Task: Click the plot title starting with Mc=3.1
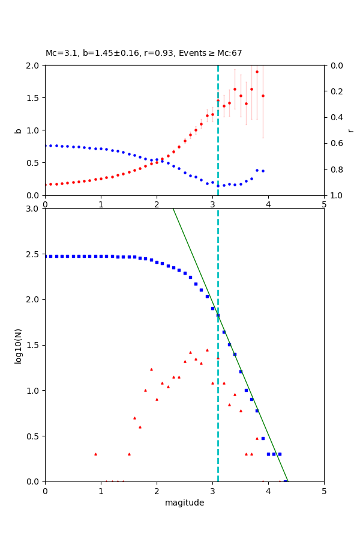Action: (144, 53)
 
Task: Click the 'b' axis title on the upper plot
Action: (18, 130)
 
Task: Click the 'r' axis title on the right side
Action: (350, 130)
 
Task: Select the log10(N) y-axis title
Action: (18, 345)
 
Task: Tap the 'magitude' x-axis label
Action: (184, 503)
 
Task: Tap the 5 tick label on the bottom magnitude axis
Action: (324, 491)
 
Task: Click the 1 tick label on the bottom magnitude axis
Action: (101, 491)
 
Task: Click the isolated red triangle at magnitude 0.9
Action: (95, 454)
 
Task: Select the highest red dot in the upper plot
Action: (257, 72)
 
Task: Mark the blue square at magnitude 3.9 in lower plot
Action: (263, 438)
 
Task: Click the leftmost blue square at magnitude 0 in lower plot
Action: (46, 256)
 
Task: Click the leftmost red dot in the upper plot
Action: (46, 185)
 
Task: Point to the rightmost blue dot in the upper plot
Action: (263, 171)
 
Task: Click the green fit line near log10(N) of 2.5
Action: (191, 254)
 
